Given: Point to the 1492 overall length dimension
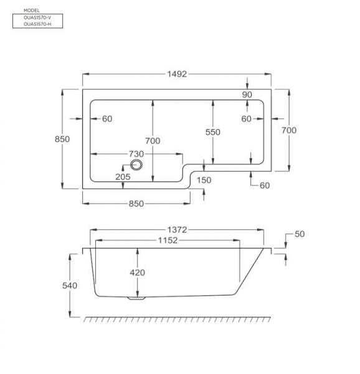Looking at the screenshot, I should coord(176,74).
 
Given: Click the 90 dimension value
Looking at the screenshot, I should coord(248,95).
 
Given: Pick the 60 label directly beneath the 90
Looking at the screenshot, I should coord(247,119).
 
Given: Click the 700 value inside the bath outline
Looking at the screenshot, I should coord(153,141).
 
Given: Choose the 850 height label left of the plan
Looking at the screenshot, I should coord(62,139).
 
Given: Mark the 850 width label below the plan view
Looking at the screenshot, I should coord(136,204).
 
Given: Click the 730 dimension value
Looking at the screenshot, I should coord(136,153).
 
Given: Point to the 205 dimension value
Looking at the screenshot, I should coord(123,177).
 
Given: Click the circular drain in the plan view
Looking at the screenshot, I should coord(137,165).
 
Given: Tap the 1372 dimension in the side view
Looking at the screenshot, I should coord(176,231).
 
